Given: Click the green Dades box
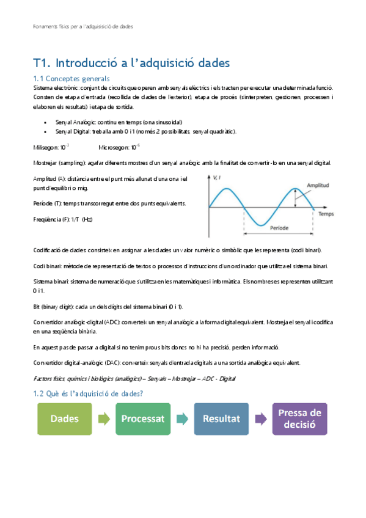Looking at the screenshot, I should [x=64, y=419].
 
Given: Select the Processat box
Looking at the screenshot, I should [x=142, y=419].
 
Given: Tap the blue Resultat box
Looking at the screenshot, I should [x=221, y=419].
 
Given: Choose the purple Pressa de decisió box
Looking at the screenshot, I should [x=299, y=419].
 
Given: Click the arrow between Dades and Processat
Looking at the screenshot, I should [x=103, y=419].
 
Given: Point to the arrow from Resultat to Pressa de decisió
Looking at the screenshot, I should [x=260, y=419].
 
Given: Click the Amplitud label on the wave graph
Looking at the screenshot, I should [x=318, y=184].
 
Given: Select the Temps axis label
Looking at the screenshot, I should [x=326, y=215].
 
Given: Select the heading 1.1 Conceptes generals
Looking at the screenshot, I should [x=71, y=78].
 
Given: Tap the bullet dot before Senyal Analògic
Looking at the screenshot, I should [x=46, y=122].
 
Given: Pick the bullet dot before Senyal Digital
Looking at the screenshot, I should [x=46, y=131].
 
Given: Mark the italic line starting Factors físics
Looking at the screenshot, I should [x=134, y=379].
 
